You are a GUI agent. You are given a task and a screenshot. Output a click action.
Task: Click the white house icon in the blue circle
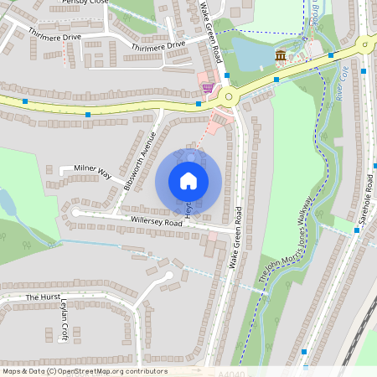(x=188, y=180)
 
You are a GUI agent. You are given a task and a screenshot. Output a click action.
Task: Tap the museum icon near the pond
(x=281, y=56)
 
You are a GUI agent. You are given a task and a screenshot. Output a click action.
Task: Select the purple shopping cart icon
(x=207, y=87)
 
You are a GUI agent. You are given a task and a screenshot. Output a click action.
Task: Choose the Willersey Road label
(x=157, y=223)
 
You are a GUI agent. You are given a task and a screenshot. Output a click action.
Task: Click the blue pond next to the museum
(x=251, y=55)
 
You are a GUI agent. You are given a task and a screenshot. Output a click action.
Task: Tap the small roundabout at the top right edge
(x=366, y=45)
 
